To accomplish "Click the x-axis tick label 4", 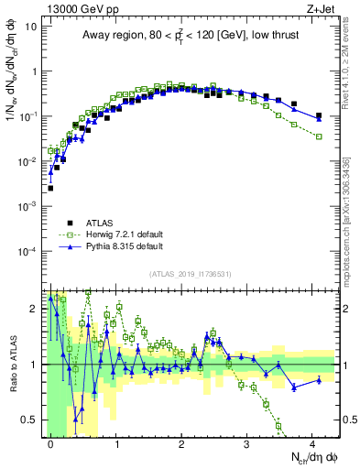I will tap(312, 442).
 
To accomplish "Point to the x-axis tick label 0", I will tap(50, 442).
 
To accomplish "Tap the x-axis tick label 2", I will tap(181, 442).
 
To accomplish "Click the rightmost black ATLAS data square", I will tap(319, 116).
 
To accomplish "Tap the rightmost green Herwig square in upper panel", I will tap(319, 136).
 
